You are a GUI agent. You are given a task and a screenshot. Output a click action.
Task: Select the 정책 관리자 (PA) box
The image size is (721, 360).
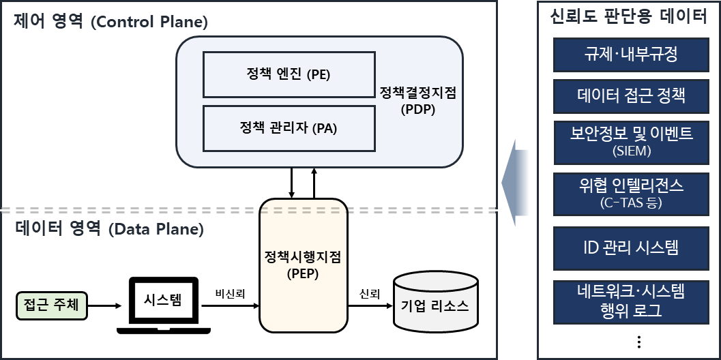pyautogui.click(x=289, y=128)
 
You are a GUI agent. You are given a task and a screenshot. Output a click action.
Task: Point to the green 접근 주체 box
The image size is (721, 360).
pyautogui.click(x=51, y=305)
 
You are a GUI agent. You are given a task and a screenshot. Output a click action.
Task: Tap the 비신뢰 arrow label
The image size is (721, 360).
pyautogui.click(x=230, y=293)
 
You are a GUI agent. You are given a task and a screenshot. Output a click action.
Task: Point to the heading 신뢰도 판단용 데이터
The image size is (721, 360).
pyautogui.click(x=628, y=17)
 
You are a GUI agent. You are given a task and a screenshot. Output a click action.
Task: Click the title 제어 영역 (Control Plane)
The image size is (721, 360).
pyautogui.click(x=111, y=21)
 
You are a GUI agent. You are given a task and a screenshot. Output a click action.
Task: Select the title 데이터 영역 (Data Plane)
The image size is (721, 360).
pyautogui.click(x=109, y=229)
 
